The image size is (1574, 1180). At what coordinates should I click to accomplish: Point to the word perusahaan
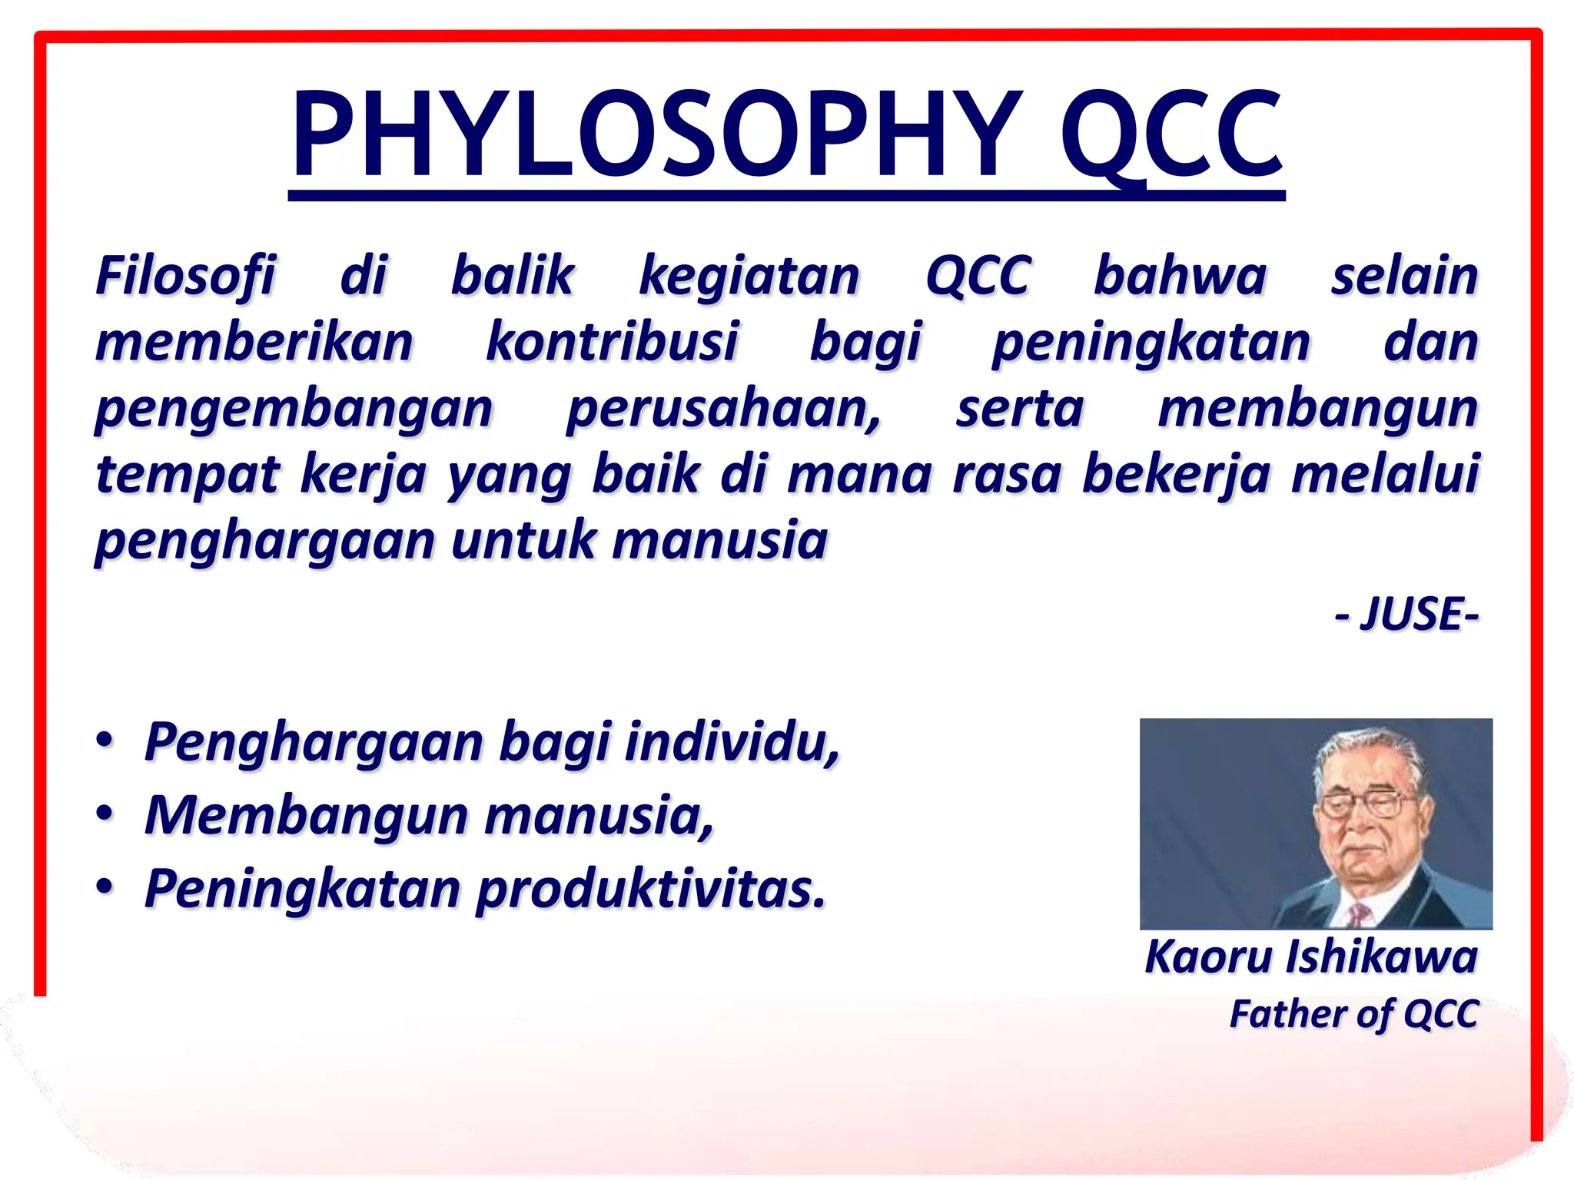pos(723,409)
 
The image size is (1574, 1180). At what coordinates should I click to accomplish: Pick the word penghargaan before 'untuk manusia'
pos(264,541)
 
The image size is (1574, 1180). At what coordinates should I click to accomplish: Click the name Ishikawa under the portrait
pos(1381,957)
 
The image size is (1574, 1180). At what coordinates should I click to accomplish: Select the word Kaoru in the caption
pos(1209,957)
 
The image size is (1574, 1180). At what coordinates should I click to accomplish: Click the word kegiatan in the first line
pos(749,277)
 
